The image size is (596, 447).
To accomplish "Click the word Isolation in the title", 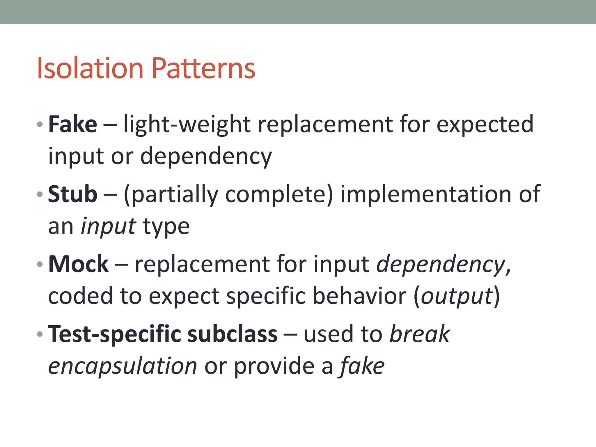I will coord(90,68).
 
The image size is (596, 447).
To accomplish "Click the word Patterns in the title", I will coord(203,68).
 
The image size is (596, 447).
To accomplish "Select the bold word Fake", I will coord(72,124).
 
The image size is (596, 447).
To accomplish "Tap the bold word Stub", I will coord(72,194).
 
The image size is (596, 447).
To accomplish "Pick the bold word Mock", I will coord(78,264).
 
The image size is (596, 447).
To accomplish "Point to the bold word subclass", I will coord(233,334).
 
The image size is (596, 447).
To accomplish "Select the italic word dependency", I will coord(441,265).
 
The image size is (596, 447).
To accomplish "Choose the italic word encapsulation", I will coord(123,366).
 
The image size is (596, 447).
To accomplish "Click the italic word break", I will coord(420,334).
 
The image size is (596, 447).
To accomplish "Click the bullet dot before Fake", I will coord(40,125).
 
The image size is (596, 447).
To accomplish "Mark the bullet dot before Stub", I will coord(40,194).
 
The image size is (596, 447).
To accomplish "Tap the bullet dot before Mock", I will coord(40,264).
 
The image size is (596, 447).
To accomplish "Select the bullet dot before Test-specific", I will coord(40,334).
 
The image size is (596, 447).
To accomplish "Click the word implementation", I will coord(426,194).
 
